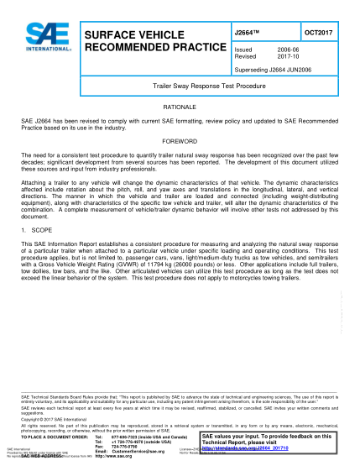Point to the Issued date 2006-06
(x=282, y=50)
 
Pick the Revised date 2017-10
(x=282, y=56)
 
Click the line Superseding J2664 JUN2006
(x=272, y=69)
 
